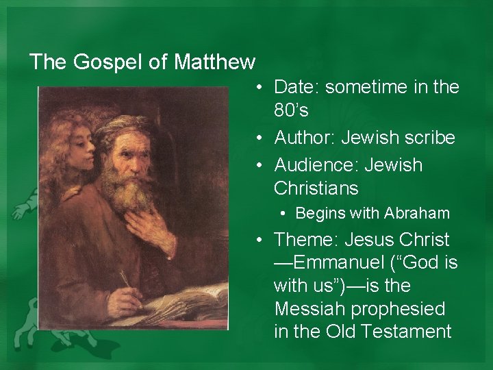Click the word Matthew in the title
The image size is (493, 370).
click(214, 62)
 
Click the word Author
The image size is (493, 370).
click(305, 138)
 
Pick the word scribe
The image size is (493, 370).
click(430, 138)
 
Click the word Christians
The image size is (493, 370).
click(316, 188)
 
